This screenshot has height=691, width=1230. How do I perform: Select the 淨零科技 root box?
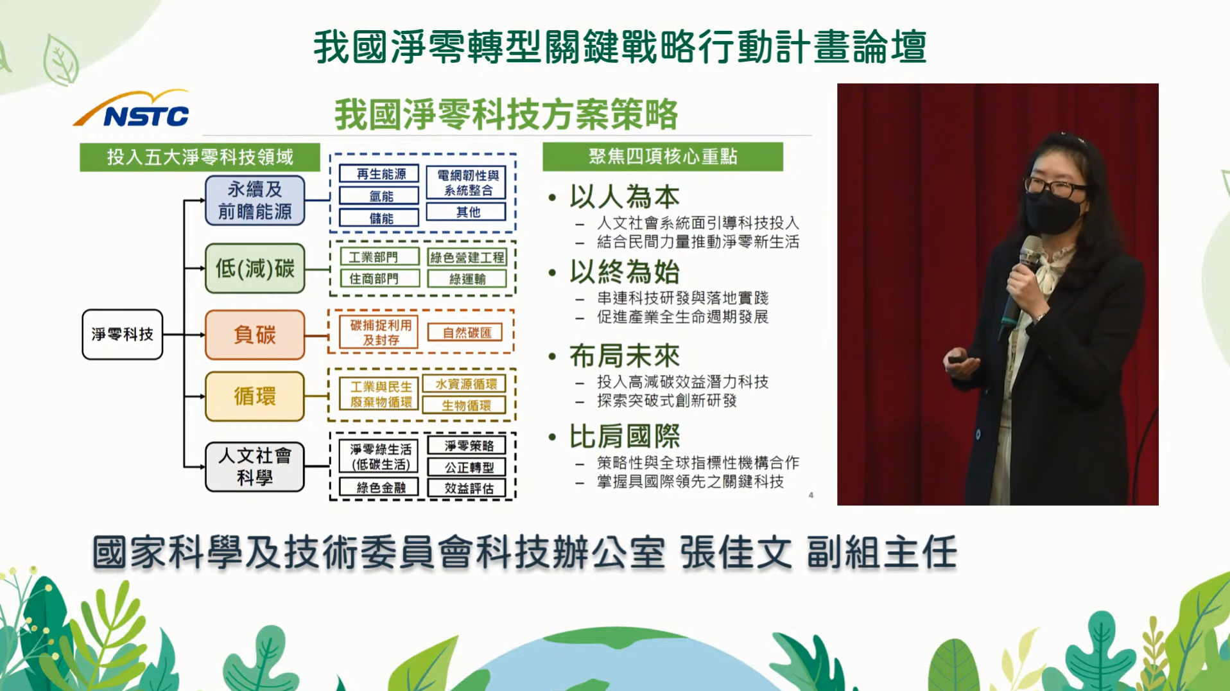[x=122, y=334]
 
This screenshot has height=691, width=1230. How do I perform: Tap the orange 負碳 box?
[x=255, y=335]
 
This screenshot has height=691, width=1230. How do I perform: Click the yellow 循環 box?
[x=255, y=396]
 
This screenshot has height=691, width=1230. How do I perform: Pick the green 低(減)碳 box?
[x=255, y=268]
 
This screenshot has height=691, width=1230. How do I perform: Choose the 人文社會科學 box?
[x=255, y=467]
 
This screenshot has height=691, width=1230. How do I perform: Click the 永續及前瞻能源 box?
[x=255, y=200]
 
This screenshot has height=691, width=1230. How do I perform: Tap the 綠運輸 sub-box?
[x=467, y=279]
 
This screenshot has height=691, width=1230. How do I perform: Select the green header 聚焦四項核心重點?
[x=663, y=157]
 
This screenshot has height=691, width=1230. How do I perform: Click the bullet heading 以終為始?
[x=625, y=272]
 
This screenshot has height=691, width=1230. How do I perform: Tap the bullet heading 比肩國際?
[x=625, y=436]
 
